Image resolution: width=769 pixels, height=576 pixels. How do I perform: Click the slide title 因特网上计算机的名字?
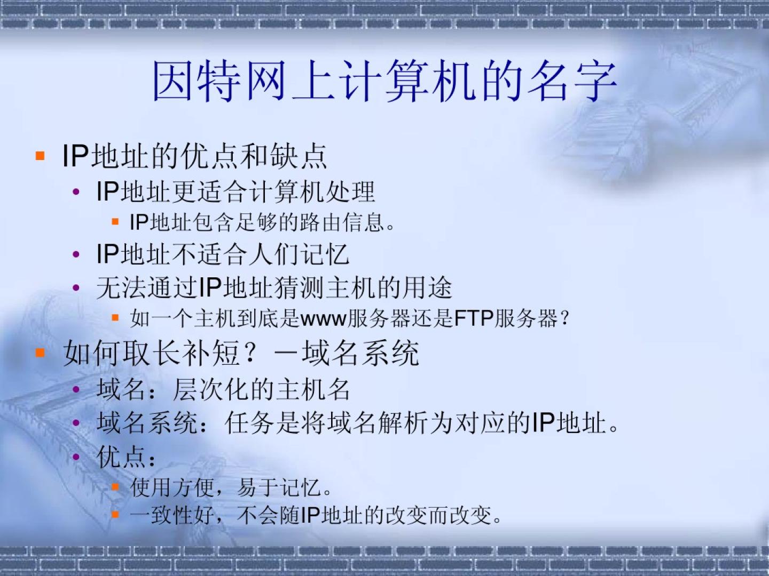pyautogui.click(x=384, y=81)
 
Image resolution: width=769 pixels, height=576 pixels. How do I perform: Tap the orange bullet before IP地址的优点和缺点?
pyautogui.click(x=40, y=156)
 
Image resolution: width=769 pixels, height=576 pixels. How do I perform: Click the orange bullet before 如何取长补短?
pyautogui.click(x=40, y=353)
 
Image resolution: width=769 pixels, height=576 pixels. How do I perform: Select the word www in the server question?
pyautogui.click(x=324, y=319)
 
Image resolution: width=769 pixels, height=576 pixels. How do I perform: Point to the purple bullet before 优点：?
pyautogui.click(x=76, y=457)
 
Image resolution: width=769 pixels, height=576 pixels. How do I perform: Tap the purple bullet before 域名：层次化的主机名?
pyautogui.click(x=76, y=389)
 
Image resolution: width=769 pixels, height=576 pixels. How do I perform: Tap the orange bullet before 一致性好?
pyautogui.click(x=115, y=514)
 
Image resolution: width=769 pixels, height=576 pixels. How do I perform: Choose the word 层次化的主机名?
pyautogui.click(x=261, y=389)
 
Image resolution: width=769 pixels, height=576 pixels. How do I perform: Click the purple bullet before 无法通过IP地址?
pyautogui.click(x=76, y=288)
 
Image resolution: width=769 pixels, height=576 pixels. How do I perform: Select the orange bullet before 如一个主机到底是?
pyautogui.click(x=115, y=318)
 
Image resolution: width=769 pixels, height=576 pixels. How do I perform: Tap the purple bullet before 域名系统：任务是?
pyautogui.click(x=76, y=423)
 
